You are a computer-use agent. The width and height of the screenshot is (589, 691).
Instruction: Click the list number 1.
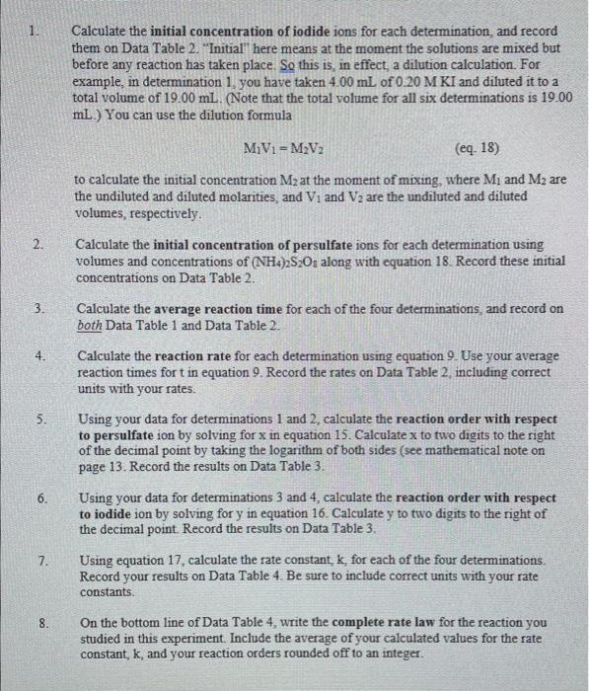pyautogui.click(x=36, y=30)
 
